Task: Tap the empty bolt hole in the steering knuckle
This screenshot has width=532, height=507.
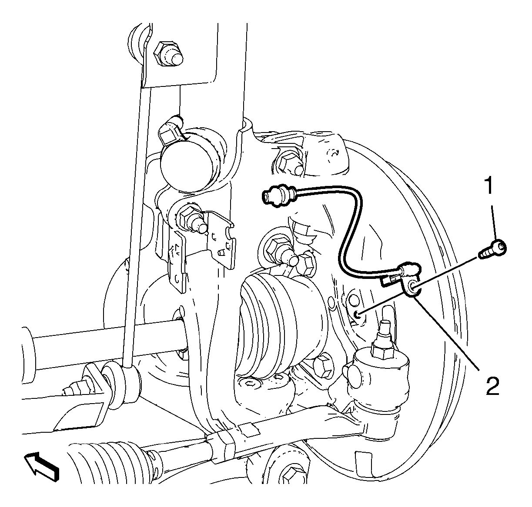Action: point(358,314)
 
